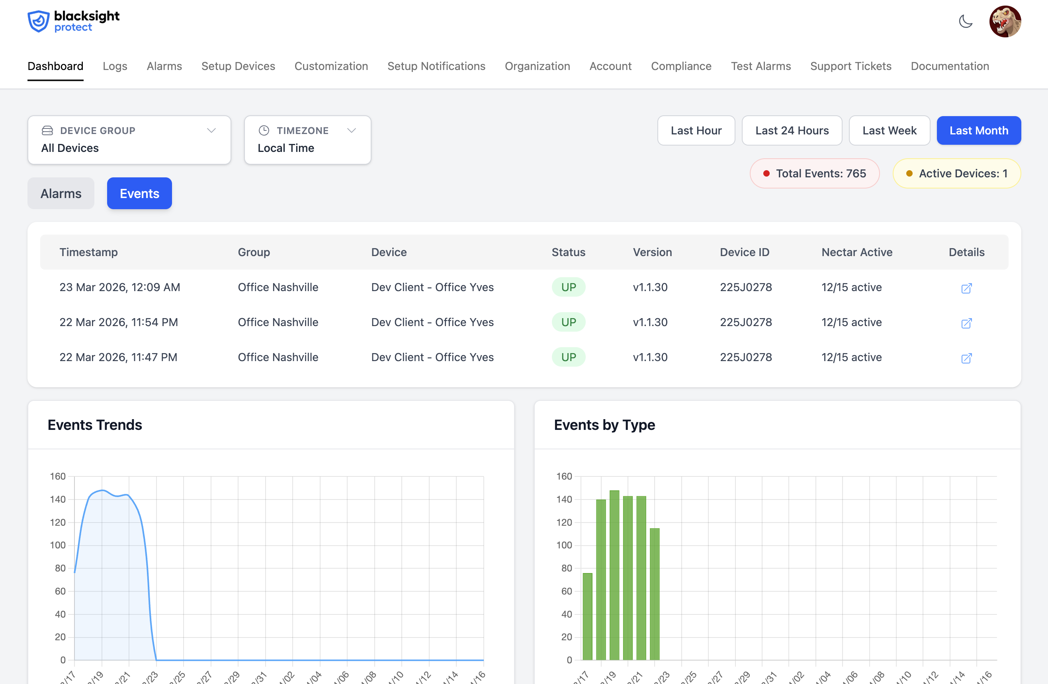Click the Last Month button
coord(978,131)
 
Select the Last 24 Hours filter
coord(791,131)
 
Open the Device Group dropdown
coord(129,140)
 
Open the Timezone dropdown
coord(307,140)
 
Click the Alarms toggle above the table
coord(61,194)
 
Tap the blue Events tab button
coord(139,194)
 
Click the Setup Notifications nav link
coord(436,66)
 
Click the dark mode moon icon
coord(965,21)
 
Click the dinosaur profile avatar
coord(1005,21)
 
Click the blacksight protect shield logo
coord(39,21)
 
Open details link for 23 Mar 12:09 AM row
coord(966,288)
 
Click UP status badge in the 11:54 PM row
coord(568,322)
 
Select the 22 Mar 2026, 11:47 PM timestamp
coord(118,357)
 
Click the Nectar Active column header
coord(856,252)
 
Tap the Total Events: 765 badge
coord(814,173)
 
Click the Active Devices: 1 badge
coord(956,173)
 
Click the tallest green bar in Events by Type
coord(614,575)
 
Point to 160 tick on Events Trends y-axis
coord(58,476)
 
